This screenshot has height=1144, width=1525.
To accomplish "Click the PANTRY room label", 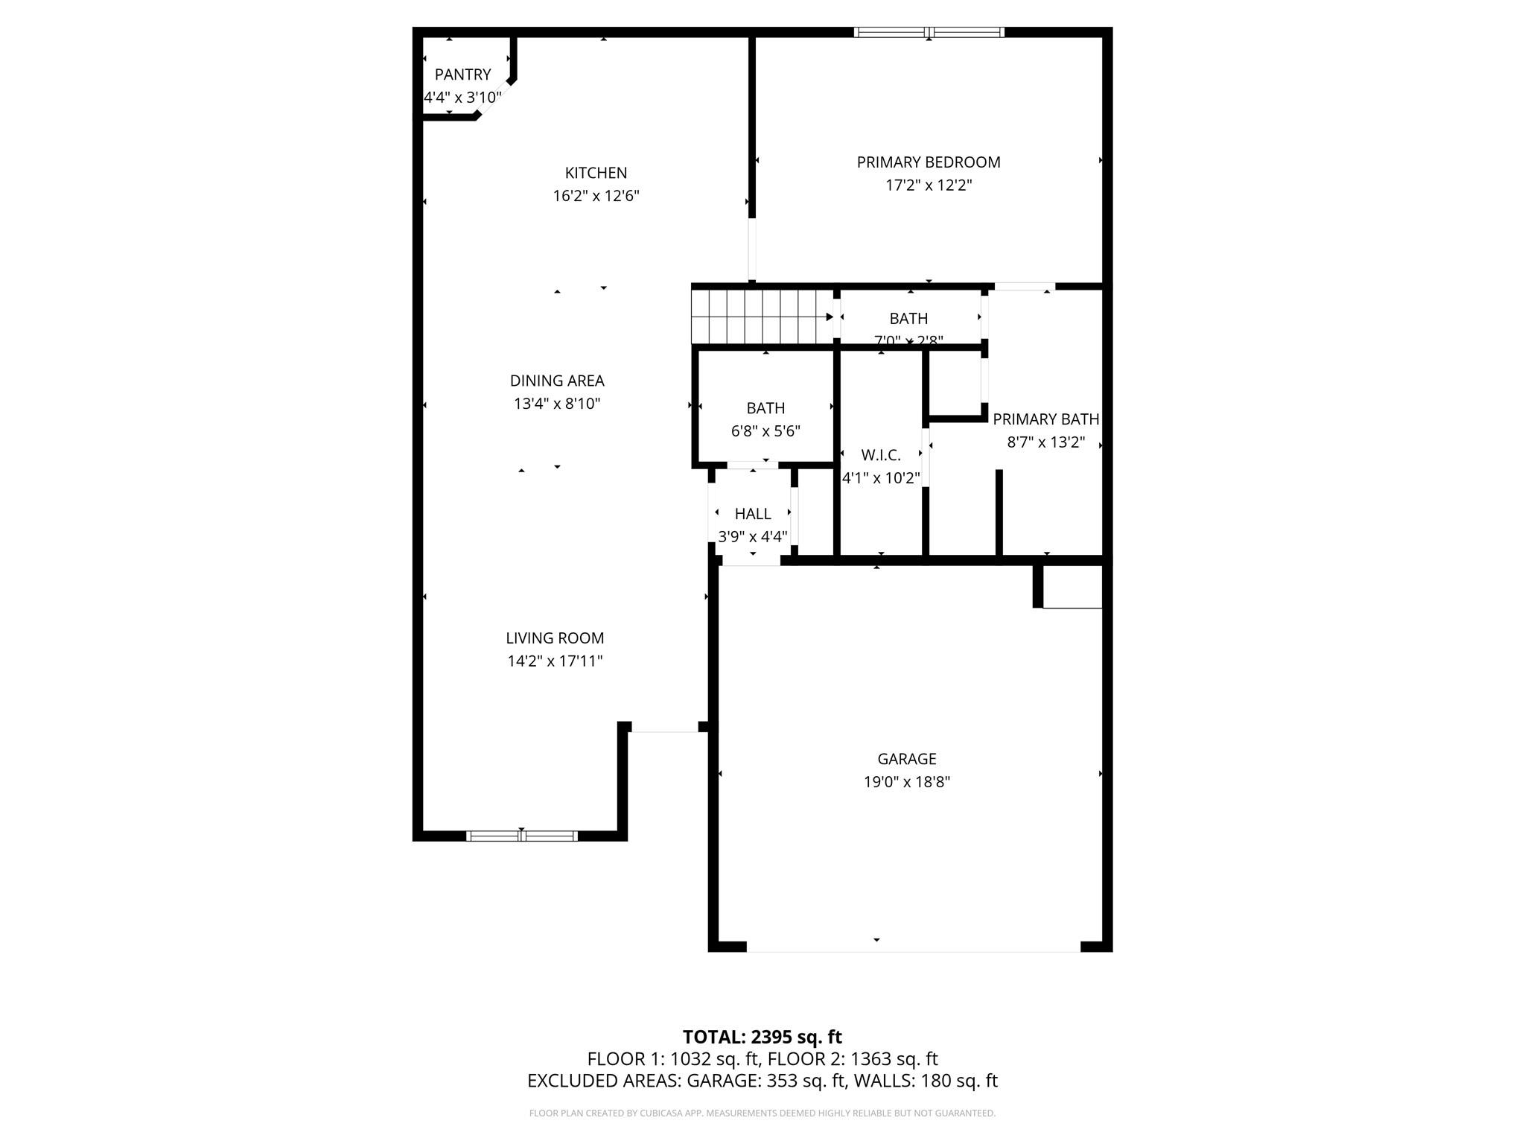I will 462,74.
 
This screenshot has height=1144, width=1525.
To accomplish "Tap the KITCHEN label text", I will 596,173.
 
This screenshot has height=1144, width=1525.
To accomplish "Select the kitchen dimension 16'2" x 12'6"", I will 596,196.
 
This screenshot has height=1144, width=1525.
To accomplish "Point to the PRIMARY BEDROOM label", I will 928,162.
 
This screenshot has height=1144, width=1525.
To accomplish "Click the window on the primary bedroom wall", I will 929,32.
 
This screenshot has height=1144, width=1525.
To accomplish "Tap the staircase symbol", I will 762,317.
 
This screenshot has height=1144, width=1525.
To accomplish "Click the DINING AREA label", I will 557,381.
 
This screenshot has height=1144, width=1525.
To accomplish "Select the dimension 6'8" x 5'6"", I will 765,431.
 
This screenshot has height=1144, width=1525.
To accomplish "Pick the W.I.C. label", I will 881,455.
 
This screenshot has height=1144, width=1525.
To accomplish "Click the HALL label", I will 753,514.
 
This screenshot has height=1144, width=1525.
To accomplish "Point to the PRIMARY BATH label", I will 1045,419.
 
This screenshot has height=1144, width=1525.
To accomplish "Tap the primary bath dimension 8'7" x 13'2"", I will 1045,442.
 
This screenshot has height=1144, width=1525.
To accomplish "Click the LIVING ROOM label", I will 555,638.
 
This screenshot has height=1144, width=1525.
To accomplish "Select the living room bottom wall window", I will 521,836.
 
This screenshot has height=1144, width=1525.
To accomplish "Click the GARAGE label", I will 906,759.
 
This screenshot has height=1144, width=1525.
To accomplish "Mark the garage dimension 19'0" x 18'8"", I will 906,782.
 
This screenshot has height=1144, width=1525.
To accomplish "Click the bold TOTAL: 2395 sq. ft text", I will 762,1037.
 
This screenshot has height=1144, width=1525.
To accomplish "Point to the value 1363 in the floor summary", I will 870,1059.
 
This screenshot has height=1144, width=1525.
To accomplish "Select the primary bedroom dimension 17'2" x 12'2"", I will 928,185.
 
